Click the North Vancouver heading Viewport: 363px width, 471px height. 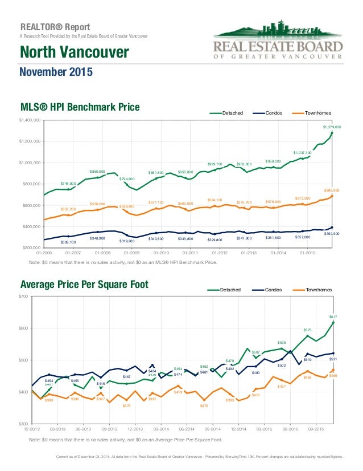click(75, 54)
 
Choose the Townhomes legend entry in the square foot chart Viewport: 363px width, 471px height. click(313, 290)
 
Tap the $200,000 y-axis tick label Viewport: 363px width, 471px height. click(30, 248)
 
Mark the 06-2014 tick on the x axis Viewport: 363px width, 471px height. click(187, 428)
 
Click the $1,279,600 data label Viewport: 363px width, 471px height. click(331, 127)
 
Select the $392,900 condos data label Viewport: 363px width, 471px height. click(332, 234)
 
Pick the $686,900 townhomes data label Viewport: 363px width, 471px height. click(331, 190)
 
